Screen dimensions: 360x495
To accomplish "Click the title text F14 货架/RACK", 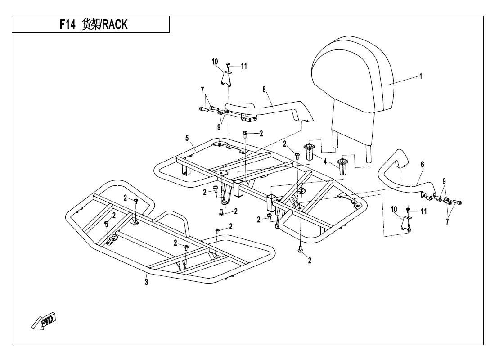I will point(94,25).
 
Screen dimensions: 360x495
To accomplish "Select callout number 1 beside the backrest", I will point(421,76).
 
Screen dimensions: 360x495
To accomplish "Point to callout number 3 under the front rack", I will point(147,282).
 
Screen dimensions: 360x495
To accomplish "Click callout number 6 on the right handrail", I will point(422,166).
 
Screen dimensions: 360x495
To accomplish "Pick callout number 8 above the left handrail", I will point(265,90).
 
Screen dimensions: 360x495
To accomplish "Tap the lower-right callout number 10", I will point(395,209).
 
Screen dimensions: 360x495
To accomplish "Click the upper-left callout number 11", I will point(244,66).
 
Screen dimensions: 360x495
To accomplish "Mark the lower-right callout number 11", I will point(424,211).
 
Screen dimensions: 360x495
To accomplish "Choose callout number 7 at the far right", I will point(447,222).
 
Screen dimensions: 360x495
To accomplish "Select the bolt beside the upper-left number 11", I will point(228,66).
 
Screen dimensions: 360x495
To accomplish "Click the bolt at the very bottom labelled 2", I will point(300,250).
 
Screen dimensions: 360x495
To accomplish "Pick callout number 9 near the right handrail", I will point(444,181).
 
